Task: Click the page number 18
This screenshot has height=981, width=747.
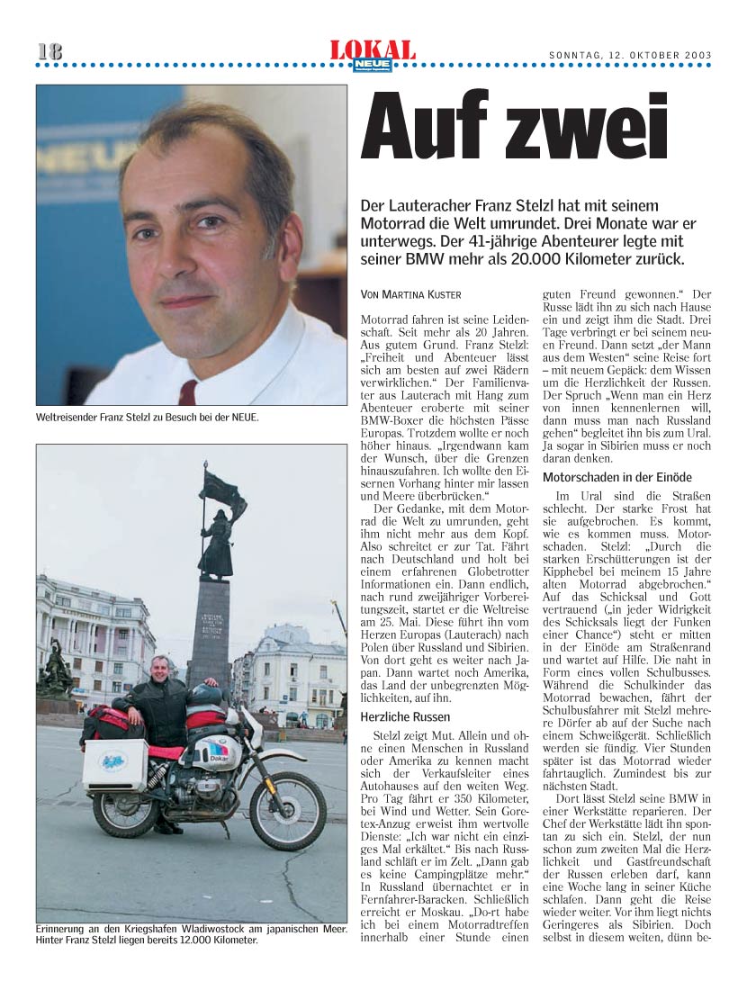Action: [x=50, y=52]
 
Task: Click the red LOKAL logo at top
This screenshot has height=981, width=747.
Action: [x=373, y=50]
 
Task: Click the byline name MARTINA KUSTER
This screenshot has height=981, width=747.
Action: [x=425, y=294]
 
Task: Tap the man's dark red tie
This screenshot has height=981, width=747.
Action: [x=188, y=391]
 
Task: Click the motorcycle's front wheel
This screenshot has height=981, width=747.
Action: [x=288, y=810]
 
